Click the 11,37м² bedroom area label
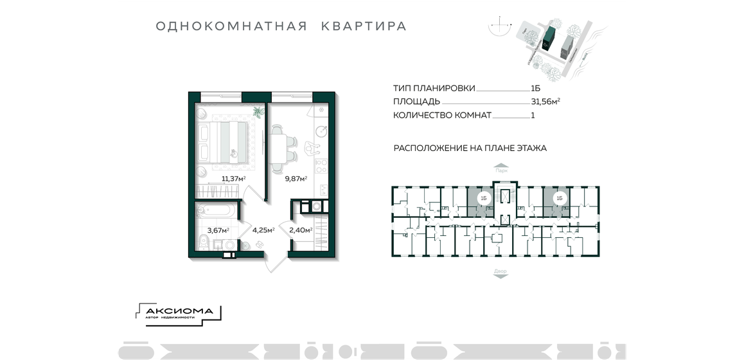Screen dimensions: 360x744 [x=234, y=179]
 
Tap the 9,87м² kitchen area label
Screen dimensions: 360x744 [x=296, y=179]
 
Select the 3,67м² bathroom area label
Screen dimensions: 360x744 [x=218, y=230]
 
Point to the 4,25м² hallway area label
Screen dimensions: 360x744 [x=263, y=230]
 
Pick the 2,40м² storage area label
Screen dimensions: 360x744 [x=301, y=230]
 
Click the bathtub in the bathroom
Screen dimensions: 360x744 [x=217, y=210]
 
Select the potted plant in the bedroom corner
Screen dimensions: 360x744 [x=257, y=112]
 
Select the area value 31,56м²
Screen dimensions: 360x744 [x=545, y=101]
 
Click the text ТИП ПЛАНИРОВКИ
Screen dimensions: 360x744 [x=434, y=88]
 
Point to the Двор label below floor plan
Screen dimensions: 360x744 [x=500, y=271]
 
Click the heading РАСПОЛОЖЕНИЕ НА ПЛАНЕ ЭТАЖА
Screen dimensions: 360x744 [x=470, y=148]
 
